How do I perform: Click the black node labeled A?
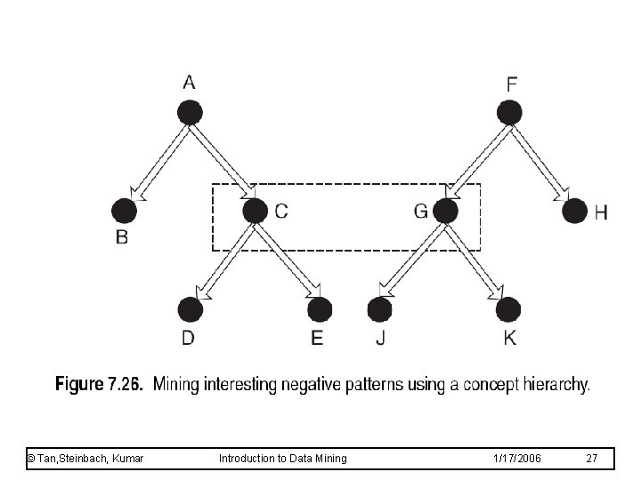190,113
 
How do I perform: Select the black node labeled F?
509,113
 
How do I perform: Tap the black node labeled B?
125,211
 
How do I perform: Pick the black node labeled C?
255,211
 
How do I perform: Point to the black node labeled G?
445,211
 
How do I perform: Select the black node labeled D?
190,309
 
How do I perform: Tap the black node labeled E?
320,309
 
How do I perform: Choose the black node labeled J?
379,309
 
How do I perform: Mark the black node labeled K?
508,309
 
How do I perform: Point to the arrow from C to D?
223,260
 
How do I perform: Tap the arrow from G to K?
475,260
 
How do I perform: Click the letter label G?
420,211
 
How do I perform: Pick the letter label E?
318,338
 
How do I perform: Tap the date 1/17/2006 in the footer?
515,458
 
